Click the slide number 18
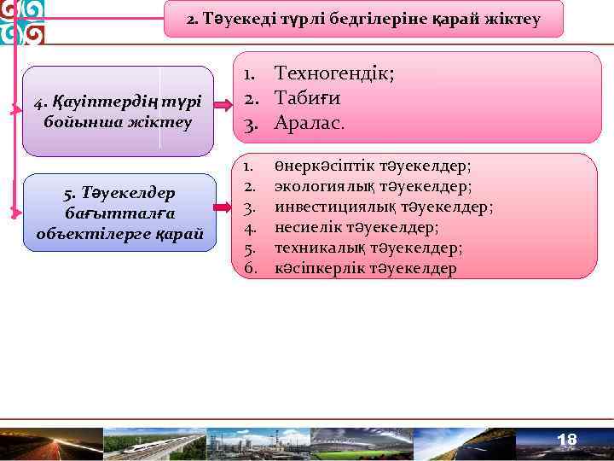566,440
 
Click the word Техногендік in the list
333,74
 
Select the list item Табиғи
308,98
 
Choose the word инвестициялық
323,207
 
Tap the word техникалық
313,248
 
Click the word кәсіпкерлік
314,268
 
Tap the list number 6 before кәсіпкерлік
250,268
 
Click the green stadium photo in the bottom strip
362,443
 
